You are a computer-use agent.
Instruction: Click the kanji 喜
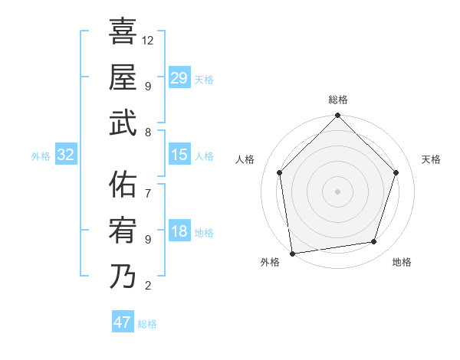pyautogui.click(x=123, y=32)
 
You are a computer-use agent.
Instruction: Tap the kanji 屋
pyautogui.click(x=123, y=77)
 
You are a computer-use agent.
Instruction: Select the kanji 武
pyautogui.click(x=123, y=123)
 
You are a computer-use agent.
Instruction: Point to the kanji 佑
pyautogui.click(x=123, y=185)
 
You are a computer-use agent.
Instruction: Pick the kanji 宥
pyautogui.click(x=123, y=231)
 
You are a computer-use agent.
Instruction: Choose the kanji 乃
pyautogui.click(x=123, y=277)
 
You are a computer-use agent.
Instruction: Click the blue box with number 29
pyautogui.click(x=179, y=77)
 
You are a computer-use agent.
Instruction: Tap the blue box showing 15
pyautogui.click(x=179, y=155)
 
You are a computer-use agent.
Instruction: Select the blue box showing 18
pyautogui.click(x=179, y=231)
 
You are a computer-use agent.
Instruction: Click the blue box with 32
pyautogui.click(x=66, y=155)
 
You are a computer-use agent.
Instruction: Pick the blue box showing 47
pyautogui.click(x=123, y=322)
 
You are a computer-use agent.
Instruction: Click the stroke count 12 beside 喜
pyautogui.click(x=148, y=39)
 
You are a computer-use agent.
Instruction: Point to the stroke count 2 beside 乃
pyautogui.click(x=147, y=286)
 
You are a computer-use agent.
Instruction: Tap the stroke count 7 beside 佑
pyautogui.click(x=147, y=185)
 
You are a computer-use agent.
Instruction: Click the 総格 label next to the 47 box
pyautogui.click(x=147, y=324)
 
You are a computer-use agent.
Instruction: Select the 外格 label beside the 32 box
pyautogui.click(x=41, y=156)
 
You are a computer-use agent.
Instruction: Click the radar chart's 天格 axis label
pyautogui.click(x=431, y=159)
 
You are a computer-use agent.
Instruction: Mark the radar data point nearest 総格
pyautogui.click(x=337, y=116)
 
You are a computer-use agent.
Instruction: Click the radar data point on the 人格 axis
pyautogui.click(x=279, y=172)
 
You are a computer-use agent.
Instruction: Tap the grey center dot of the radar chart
pyautogui.click(x=337, y=191)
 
